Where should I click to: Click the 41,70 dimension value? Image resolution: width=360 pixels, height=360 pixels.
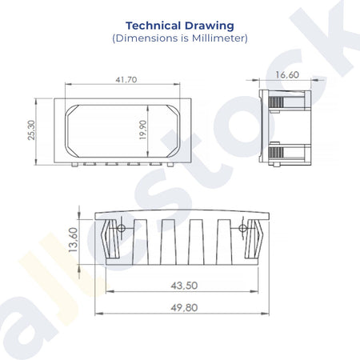(x=126, y=79)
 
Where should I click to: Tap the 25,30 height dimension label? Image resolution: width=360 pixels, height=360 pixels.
(x=31, y=130)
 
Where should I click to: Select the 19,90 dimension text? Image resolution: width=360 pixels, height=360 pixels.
(x=142, y=130)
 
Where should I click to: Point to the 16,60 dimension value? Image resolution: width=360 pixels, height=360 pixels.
(x=287, y=74)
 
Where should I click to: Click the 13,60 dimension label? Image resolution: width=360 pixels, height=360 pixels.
(x=73, y=239)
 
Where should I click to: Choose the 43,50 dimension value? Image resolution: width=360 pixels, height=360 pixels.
(x=184, y=286)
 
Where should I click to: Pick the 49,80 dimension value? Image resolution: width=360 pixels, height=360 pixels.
(x=184, y=308)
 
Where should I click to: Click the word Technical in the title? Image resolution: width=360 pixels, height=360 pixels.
(x=154, y=26)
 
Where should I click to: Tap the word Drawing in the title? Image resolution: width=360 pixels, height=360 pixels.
(x=210, y=26)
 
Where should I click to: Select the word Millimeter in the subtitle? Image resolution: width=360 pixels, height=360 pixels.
(x=218, y=38)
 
